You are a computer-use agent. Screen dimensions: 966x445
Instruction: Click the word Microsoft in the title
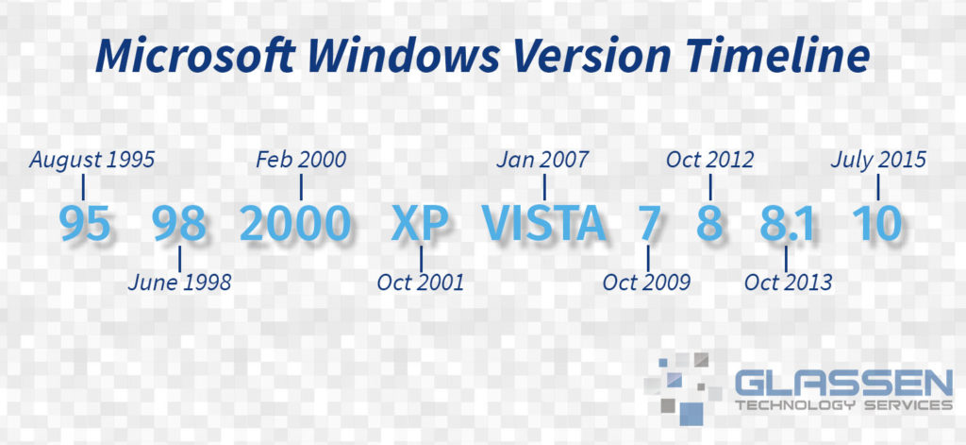(x=194, y=56)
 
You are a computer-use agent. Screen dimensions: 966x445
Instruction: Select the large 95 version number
(x=86, y=223)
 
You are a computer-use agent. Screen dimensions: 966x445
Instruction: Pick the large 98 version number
(x=179, y=223)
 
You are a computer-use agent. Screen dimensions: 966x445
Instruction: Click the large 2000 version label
(x=295, y=223)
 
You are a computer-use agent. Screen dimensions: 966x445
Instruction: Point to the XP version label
(x=420, y=223)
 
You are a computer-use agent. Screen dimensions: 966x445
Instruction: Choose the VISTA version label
(x=543, y=223)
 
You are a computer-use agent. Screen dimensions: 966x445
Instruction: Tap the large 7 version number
(x=649, y=223)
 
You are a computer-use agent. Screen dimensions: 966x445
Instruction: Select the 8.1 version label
(x=787, y=223)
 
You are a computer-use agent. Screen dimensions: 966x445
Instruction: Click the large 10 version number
(x=877, y=223)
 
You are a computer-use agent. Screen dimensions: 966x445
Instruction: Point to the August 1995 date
(x=92, y=161)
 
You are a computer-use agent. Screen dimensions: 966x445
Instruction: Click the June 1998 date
(x=180, y=282)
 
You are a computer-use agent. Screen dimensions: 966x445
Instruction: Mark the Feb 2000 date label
(x=301, y=160)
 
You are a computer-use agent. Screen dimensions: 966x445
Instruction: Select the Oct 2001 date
(x=420, y=282)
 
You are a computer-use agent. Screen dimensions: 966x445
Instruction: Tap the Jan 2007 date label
(x=542, y=160)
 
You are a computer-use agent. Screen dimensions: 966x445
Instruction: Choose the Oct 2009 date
(x=646, y=282)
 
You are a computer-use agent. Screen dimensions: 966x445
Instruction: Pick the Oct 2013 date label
(x=788, y=282)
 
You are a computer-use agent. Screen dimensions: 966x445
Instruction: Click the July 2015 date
(x=878, y=161)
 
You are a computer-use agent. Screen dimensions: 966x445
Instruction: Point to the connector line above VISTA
(x=544, y=187)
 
